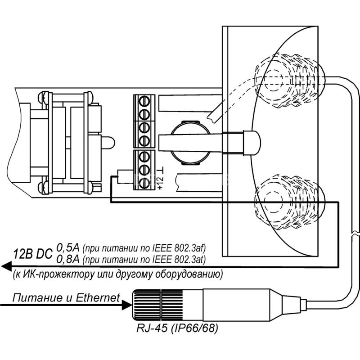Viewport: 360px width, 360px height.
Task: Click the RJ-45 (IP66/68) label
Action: [x=177, y=328]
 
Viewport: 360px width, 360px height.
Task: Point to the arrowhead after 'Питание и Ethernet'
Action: [x=127, y=305]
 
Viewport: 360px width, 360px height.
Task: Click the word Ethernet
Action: [x=98, y=297]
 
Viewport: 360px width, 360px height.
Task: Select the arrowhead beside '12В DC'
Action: [x=6, y=266]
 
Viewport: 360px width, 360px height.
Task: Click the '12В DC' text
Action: [x=33, y=254]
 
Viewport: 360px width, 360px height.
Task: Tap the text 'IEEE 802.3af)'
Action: [x=179, y=248]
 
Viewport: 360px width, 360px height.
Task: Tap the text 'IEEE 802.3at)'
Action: [x=179, y=260]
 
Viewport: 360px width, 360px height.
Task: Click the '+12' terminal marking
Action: [x=160, y=183]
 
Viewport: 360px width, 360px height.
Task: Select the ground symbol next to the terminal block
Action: [x=161, y=171]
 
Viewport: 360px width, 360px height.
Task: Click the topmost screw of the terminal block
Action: [x=144, y=101]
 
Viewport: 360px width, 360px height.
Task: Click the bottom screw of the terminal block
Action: [x=144, y=183]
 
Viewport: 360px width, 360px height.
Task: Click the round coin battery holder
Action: [x=190, y=143]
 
